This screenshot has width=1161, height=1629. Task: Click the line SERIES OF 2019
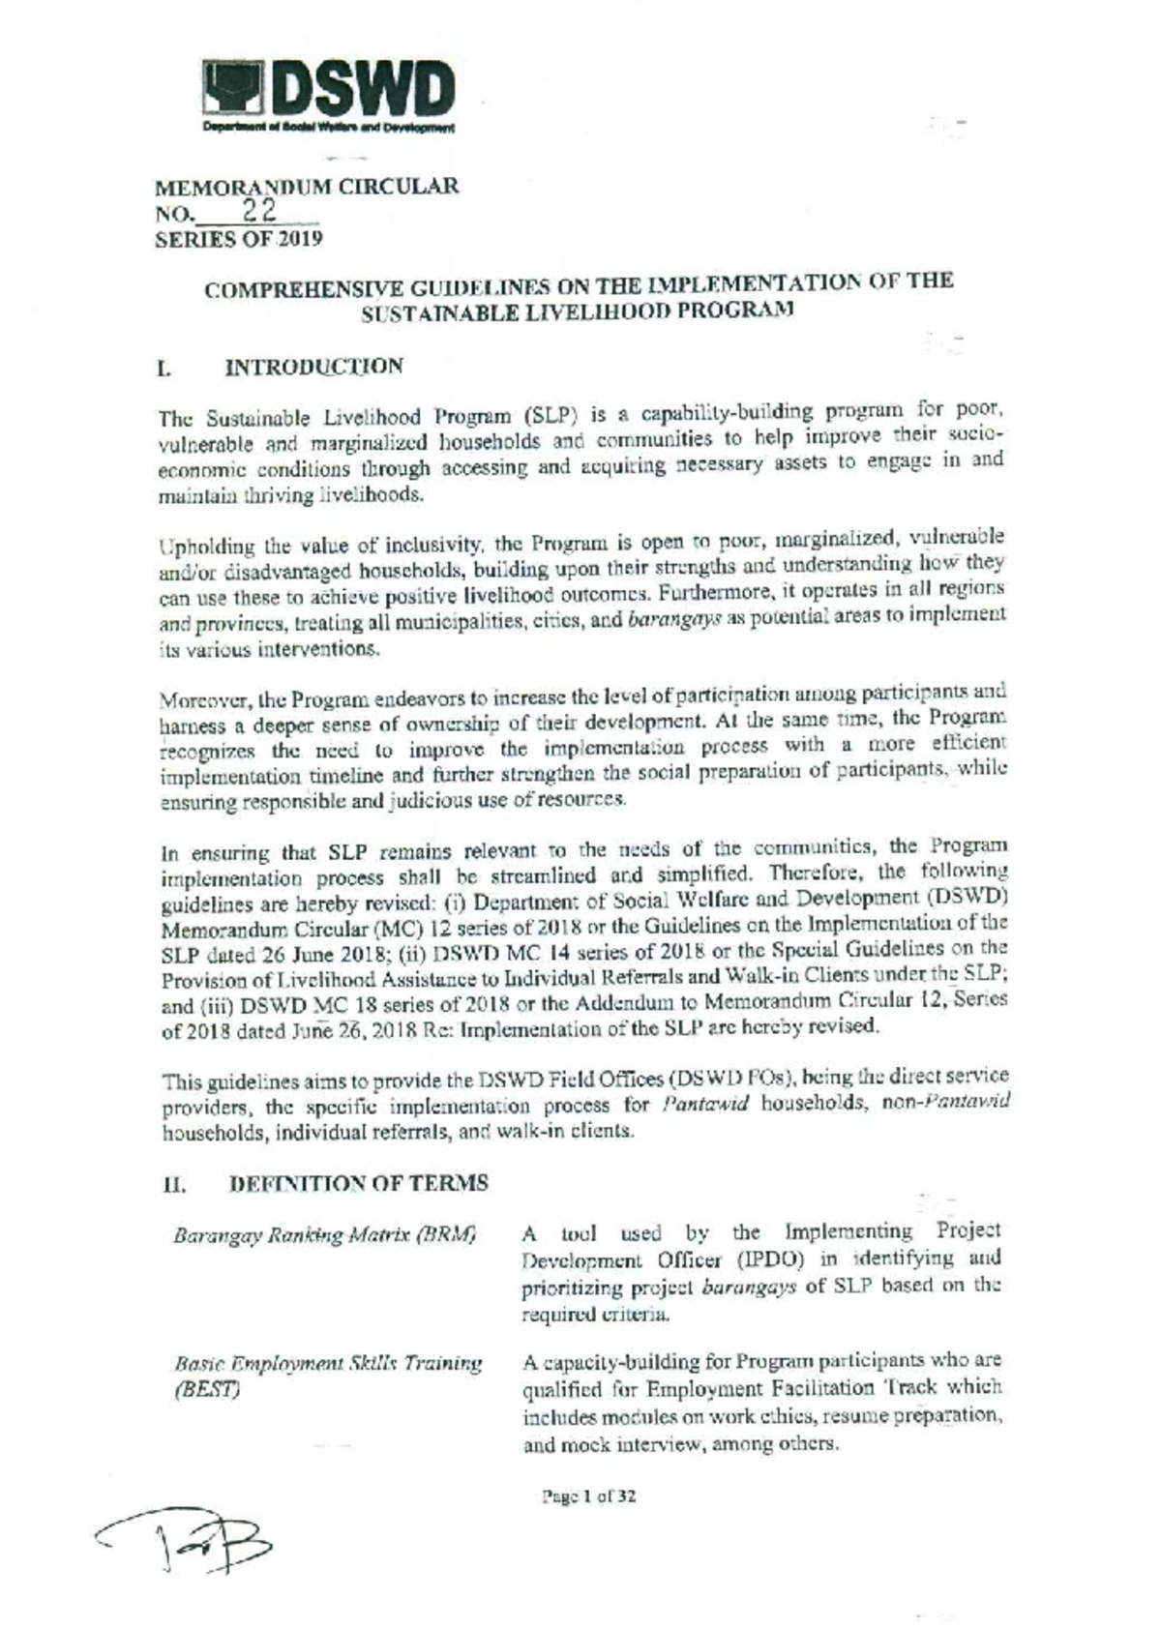point(239,239)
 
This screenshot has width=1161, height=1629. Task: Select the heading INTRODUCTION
point(313,367)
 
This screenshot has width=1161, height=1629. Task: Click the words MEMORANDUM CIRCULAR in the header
point(308,187)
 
